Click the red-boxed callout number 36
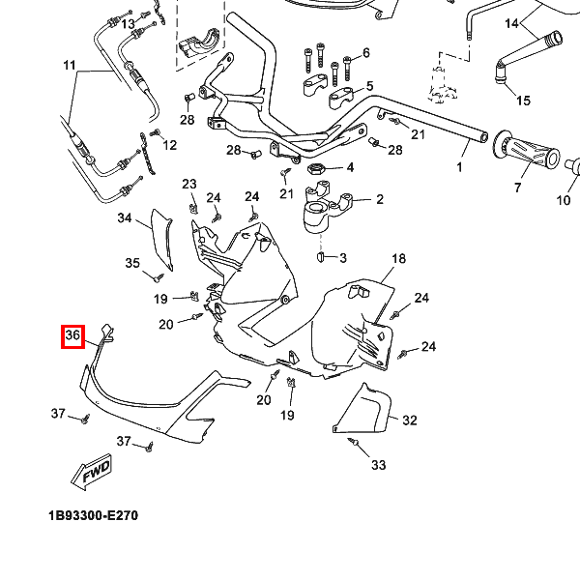(x=73, y=336)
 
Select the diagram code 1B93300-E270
(x=93, y=515)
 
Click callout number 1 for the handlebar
(x=460, y=167)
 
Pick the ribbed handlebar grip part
(x=527, y=152)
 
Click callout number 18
(x=398, y=259)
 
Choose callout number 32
(x=409, y=420)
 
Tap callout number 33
(x=378, y=465)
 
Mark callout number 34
(x=125, y=218)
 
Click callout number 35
(x=132, y=262)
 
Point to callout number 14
(x=511, y=22)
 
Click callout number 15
(x=523, y=101)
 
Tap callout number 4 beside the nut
(x=350, y=167)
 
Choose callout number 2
(x=379, y=200)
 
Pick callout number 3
(x=342, y=258)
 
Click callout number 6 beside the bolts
(x=366, y=51)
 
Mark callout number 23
(x=188, y=185)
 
